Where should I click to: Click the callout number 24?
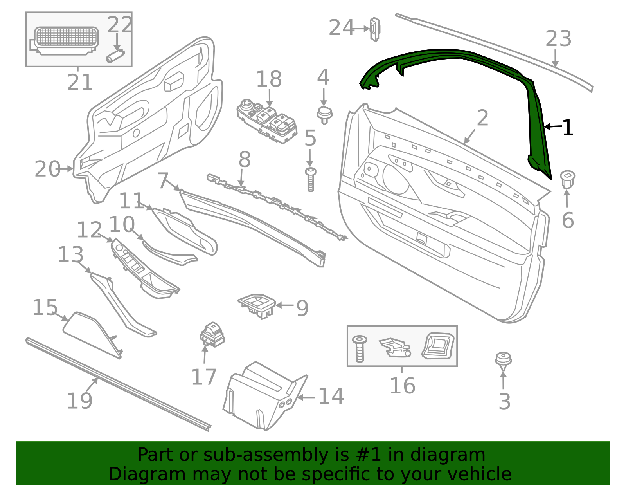click(x=341, y=28)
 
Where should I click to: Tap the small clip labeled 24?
click(x=375, y=29)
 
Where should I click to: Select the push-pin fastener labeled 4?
click(x=325, y=115)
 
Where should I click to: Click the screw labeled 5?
click(x=311, y=179)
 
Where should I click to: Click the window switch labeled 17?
click(x=212, y=335)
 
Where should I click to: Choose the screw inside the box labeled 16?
click(x=360, y=349)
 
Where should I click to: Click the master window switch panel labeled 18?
click(x=267, y=121)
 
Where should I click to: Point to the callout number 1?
click(x=568, y=128)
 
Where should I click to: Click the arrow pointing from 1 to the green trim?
click(x=553, y=126)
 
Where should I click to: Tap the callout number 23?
click(x=558, y=38)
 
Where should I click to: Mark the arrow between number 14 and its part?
click(x=306, y=398)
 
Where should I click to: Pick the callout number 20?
click(x=47, y=169)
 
